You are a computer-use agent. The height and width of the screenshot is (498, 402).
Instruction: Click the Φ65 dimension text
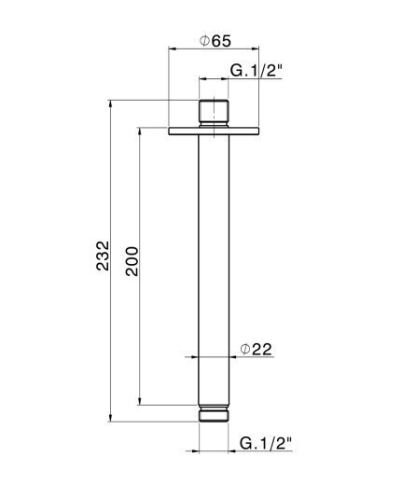click(x=215, y=40)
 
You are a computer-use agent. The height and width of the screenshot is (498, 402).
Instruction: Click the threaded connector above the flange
click(x=215, y=113)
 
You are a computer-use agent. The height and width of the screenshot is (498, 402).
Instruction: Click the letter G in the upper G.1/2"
click(x=237, y=71)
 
